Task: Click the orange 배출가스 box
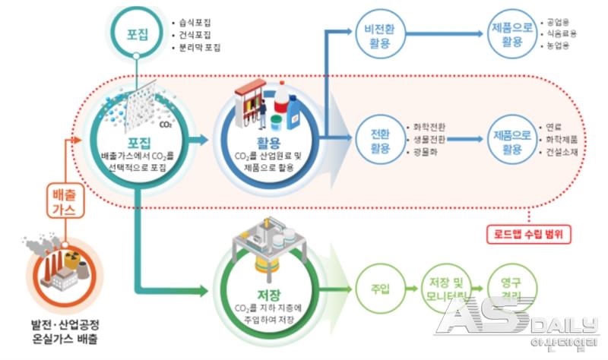pyautogui.click(x=63, y=203)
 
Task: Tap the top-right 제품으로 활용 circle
pyautogui.click(x=508, y=36)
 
